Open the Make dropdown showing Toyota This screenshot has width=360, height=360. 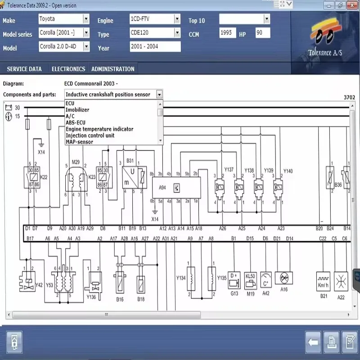[x=86, y=19]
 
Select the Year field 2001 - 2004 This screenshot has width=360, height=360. [x=155, y=47]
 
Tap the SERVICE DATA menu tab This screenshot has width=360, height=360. [x=24, y=69]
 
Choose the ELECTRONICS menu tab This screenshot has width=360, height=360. [x=68, y=69]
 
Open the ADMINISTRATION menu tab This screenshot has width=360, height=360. [x=113, y=69]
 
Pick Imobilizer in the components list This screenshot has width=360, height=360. [x=77, y=110]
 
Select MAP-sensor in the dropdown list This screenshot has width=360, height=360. [x=79, y=142]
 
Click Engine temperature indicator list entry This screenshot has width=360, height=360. [x=99, y=129]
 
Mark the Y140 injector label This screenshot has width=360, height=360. [x=288, y=171]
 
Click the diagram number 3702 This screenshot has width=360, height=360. [x=349, y=98]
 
